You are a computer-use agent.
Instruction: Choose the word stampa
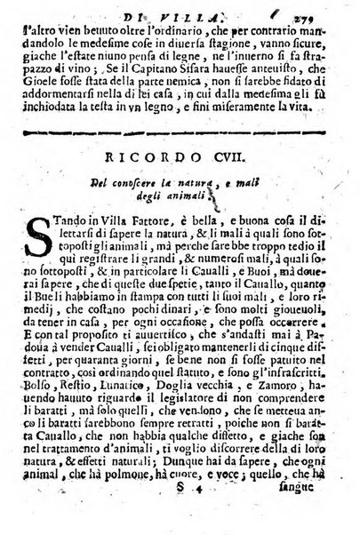click(193, 331)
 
